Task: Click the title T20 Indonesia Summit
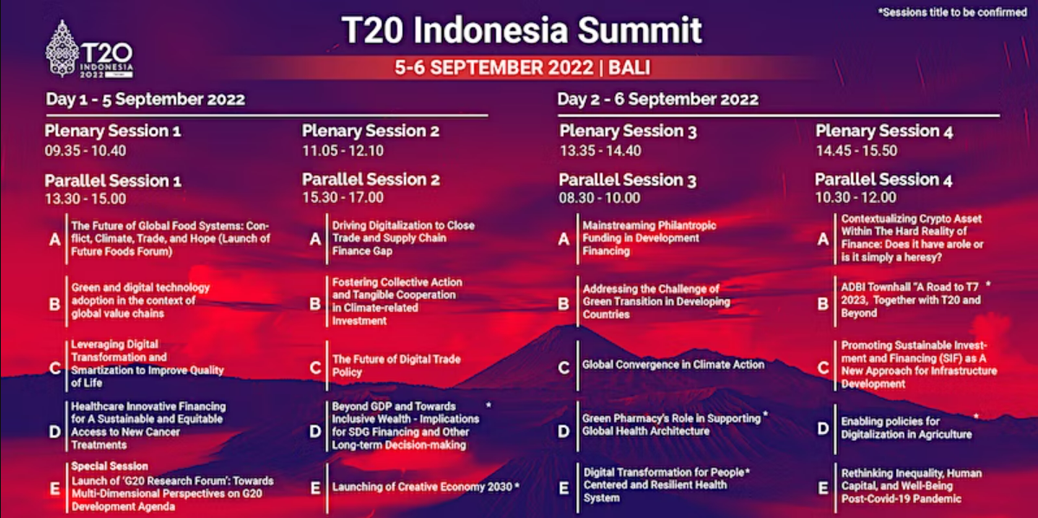(x=522, y=30)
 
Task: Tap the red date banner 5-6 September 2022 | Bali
(x=522, y=68)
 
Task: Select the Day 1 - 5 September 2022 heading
(x=146, y=100)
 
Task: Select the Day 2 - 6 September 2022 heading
(x=658, y=100)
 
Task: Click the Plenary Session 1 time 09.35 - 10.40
(x=86, y=151)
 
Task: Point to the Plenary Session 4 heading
(x=885, y=131)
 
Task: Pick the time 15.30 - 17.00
(x=343, y=197)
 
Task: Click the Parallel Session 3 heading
(x=627, y=179)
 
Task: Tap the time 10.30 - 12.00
(x=856, y=197)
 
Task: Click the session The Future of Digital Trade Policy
(x=396, y=366)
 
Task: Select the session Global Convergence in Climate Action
(x=673, y=365)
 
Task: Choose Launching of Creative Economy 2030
(x=422, y=488)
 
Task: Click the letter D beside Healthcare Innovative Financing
(x=55, y=432)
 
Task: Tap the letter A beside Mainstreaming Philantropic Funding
(x=564, y=239)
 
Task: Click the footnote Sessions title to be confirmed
(x=952, y=13)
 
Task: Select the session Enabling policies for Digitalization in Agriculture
(x=906, y=428)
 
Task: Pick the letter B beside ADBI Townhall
(x=823, y=304)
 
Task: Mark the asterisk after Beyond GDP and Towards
(x=489, y=405)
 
